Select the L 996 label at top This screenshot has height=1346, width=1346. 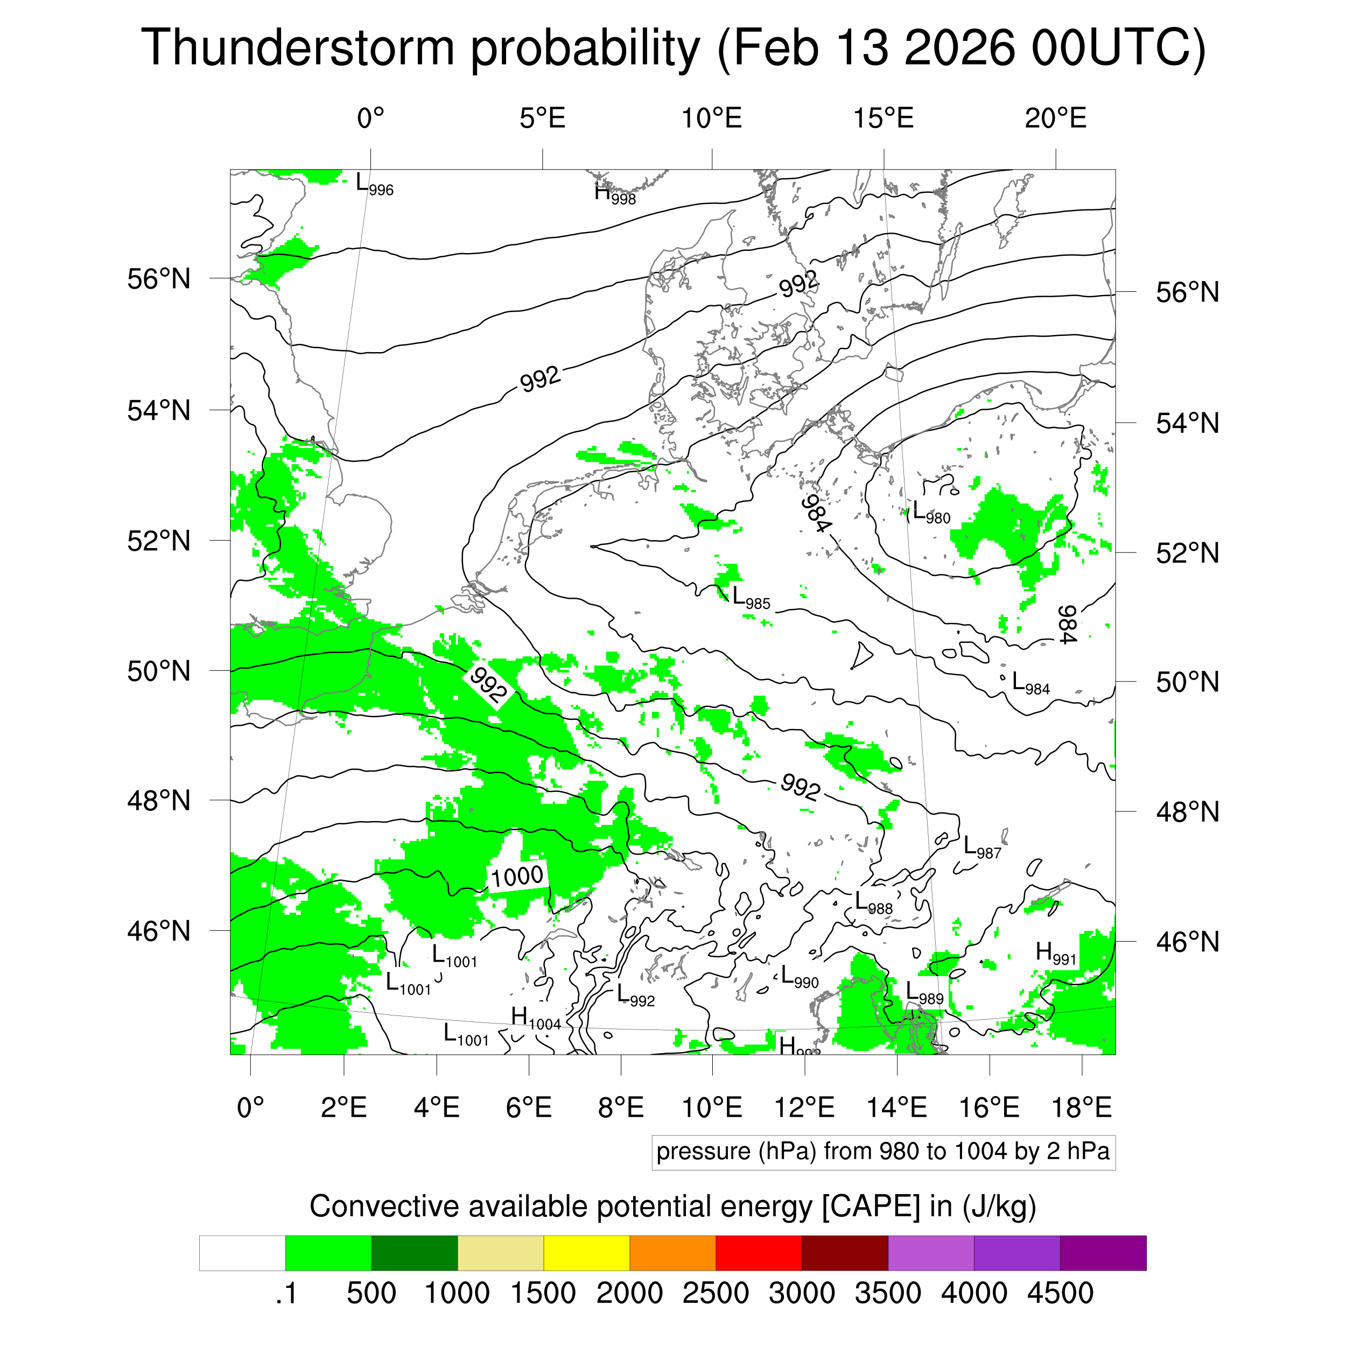pos(374,185)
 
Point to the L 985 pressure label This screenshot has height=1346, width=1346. pos(751,598)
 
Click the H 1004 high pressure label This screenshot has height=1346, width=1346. pos(535,1019)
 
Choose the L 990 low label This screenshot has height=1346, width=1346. pos(799,977)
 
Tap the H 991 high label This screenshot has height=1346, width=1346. pos(1055,953)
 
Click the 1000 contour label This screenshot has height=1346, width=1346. pos(517,877)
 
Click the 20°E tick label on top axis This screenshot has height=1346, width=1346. pos(1055,118)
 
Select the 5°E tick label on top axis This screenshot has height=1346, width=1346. pos(542,118)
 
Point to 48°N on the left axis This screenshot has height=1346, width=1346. pos(159,801)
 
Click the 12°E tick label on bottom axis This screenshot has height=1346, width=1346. pos(805,1107)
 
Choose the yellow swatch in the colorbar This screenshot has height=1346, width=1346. pos(587,1253)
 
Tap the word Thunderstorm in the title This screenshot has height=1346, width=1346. pos(298,47)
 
